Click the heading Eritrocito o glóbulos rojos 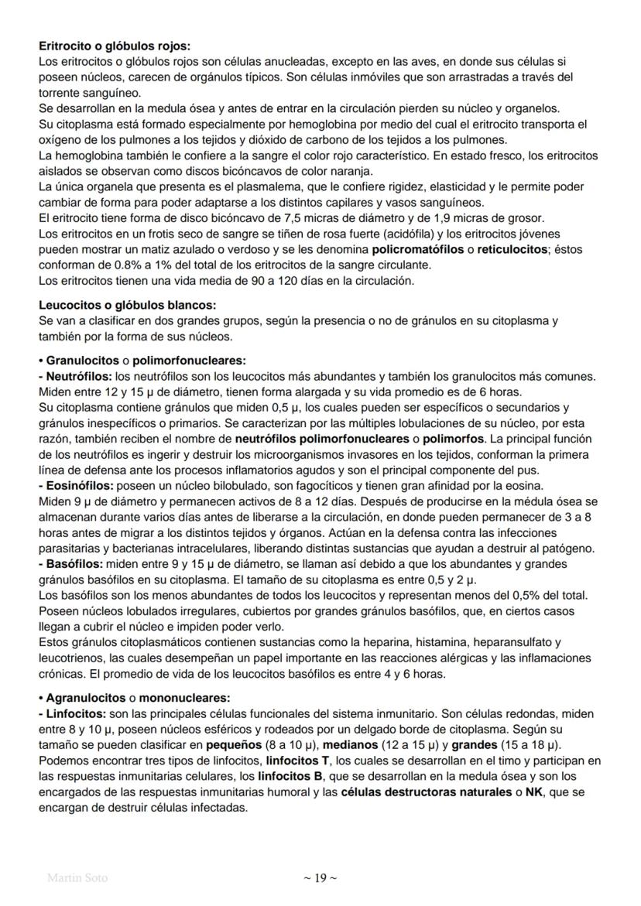(x=114, y=47)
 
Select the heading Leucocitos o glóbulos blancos (x=127, y=305)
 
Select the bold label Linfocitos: (x=72, y=711)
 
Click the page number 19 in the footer (x=320, y=877)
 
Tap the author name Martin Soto (x=77, y=878)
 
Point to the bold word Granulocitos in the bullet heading (x=82, y=361)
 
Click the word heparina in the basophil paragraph (x=424, y=641)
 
